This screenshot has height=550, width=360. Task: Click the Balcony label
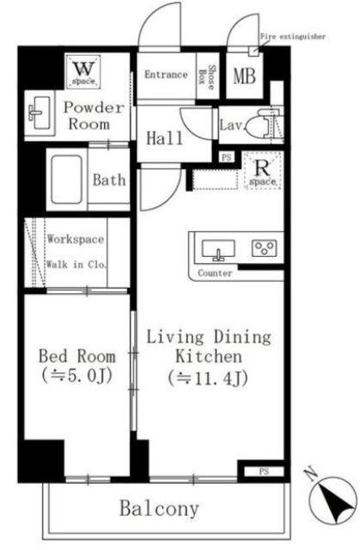160,509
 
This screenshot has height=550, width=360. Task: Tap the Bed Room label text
77,356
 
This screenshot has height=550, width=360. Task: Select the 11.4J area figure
208,378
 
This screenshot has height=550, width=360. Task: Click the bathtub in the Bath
67,180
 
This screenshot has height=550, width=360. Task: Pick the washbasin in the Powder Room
40,113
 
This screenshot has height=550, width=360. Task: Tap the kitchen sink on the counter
218,250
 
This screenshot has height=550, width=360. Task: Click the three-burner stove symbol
265,248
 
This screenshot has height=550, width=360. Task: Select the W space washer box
83,71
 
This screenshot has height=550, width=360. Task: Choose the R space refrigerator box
263,171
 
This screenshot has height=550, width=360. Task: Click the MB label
244,76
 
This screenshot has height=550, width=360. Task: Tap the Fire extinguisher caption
293,36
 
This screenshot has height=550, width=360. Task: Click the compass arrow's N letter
310,474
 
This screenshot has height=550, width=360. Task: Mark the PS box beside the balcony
264,472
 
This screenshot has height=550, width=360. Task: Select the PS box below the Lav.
227,157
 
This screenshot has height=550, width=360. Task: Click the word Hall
164,137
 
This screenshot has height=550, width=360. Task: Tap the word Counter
215,273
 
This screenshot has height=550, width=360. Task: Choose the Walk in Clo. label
76,264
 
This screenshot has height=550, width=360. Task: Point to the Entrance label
166,75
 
